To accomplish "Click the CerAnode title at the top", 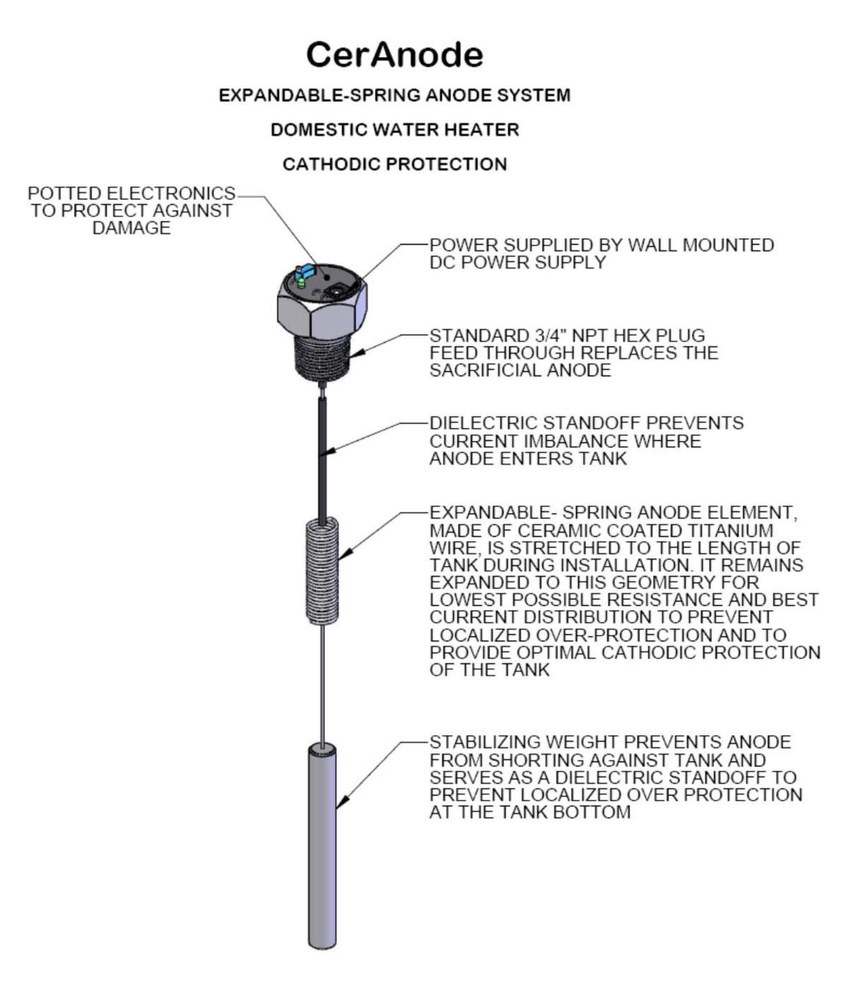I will coord(395,55).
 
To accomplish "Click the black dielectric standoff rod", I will coord(322,457).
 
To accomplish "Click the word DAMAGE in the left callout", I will coord(131,228).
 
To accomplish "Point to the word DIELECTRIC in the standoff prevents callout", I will coord(483,423).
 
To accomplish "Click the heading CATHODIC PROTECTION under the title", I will coord(395,164).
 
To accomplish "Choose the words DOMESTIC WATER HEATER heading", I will coord(395,130).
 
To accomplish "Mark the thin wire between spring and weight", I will coord(322,683).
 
